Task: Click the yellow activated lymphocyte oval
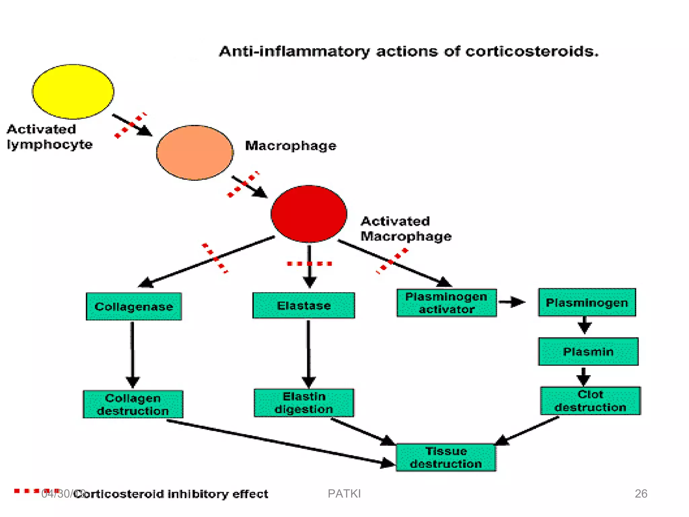pyautogui.click(x=73, y=92)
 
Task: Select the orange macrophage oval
pyautogui.click(x=195, y=152)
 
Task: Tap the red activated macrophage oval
pyautogui.click(x=309, y=214)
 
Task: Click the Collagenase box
pyautogui.click(x=134, y=306)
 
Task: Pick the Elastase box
pyautogui.click(x=303, y=305)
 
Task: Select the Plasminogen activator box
pyautogui.click(x=446, y=303)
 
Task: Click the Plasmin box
pyautogui.click(x=588, y=352)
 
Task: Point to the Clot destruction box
pyautogui.click(x=590, y=401)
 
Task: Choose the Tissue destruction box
pyautogui.click(x=446, y=457)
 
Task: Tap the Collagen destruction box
pyautogui.click(x=133, y=404)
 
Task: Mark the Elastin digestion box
pyautogui.click(x=304, y=403)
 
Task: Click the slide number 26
pyautogui.click(x=641, y=493)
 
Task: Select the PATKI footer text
pyautogui.click(x=344, y=493)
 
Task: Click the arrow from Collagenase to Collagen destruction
pyautogui.click(x=133, y=353)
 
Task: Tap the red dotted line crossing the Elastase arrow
pyautogui.click(x=310, y=264)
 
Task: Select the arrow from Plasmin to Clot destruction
pyautogui.click(x=583, y=376)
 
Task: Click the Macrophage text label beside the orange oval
pyautogui.click(x=291, y=146)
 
